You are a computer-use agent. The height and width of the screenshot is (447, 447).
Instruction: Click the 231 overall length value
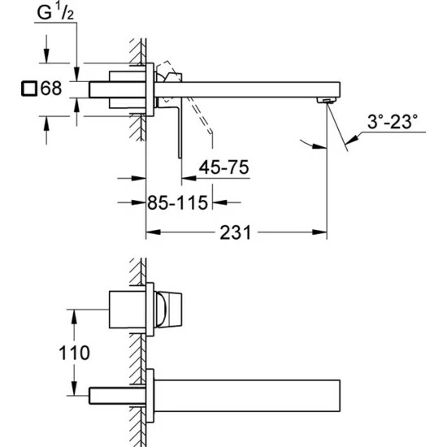click(x=235, y=232)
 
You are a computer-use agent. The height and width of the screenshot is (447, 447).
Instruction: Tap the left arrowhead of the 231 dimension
click(x=150, y=232)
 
